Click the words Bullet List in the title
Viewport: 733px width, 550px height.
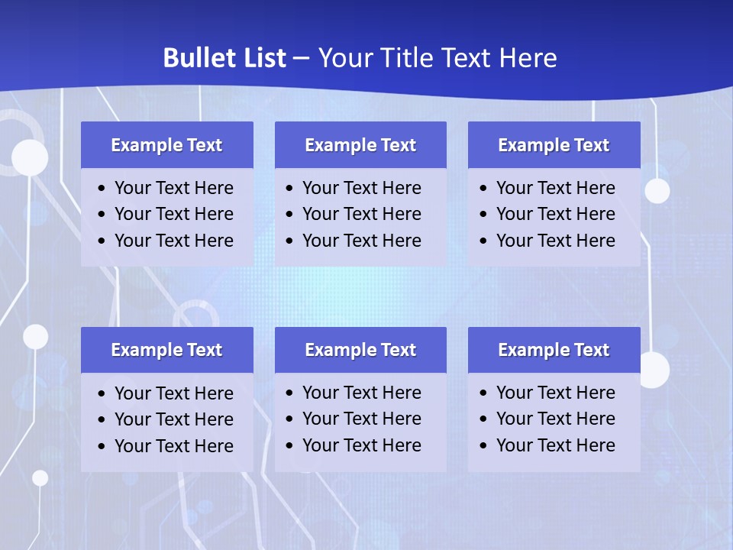coord(224,58)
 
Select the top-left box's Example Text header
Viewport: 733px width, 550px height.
coord(166,145)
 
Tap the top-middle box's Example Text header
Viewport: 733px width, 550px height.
coord(360,145)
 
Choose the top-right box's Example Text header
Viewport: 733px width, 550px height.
coord(554,145)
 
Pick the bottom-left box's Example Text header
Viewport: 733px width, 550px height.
coord(166,350)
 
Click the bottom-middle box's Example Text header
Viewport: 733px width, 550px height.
coord(360,350)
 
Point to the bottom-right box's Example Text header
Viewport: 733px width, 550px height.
coord(554,350)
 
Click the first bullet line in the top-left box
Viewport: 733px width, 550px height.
coord(173,188)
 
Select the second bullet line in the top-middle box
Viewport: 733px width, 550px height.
coord(361,214)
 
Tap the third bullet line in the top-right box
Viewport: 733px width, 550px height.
coord(555,241)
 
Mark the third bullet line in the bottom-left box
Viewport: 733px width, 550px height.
coord(173,446)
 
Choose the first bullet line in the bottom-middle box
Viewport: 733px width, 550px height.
coord(361,393)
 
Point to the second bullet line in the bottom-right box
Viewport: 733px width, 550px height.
coord(555,419)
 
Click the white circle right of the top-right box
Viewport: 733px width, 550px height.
coord(657,190)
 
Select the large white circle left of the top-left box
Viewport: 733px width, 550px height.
coord(30,158)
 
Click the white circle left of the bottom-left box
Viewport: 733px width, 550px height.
coord(35,336)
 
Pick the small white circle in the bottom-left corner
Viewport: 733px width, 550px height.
coord(40,478)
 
